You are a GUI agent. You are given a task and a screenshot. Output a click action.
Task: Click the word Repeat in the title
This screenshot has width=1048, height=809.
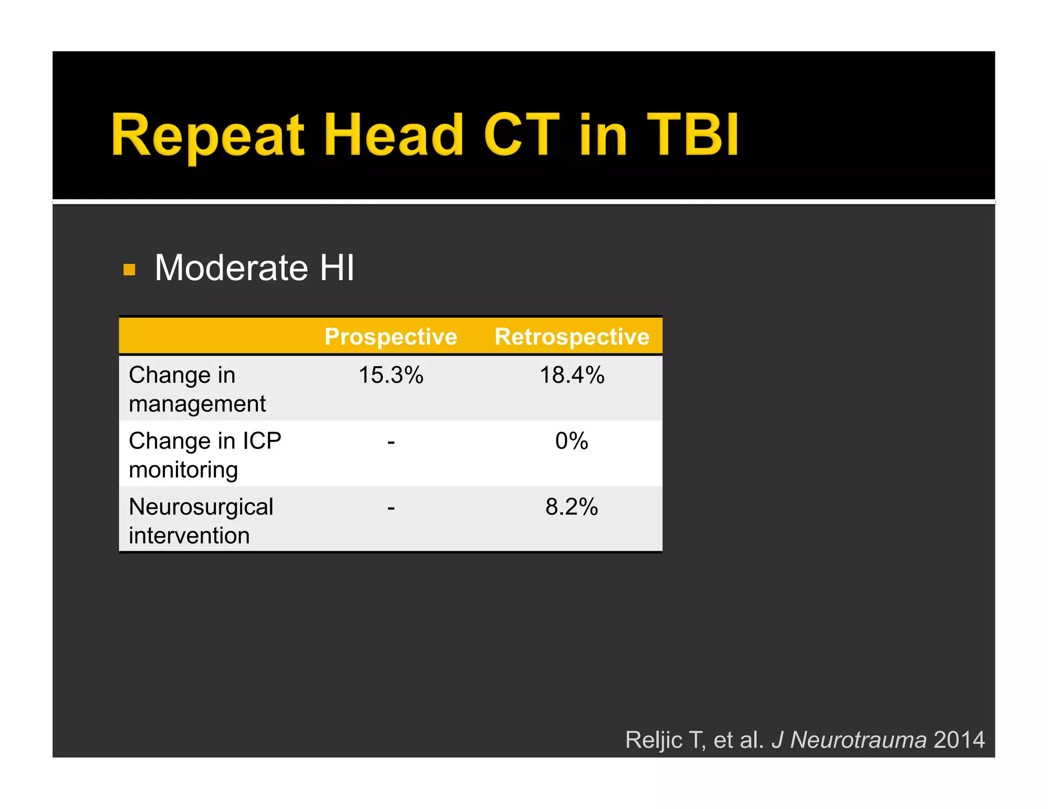tap(207, 136)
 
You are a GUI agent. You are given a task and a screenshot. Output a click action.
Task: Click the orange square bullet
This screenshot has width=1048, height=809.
tap(129, 269)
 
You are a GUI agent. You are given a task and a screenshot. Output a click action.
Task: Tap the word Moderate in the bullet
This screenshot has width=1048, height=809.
tap(231, 268)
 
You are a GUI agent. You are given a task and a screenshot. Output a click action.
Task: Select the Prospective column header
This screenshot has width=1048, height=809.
tap(391, 337)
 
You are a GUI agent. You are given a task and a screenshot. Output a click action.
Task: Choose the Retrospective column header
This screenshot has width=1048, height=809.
tap(572, 337)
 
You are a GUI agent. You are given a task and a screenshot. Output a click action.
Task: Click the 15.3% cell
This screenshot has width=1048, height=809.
tap(391, 375)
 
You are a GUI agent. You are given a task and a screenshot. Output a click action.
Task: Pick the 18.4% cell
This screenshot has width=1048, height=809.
tap(572, 375)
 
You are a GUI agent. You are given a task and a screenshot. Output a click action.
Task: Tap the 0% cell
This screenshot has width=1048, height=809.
tap(572, 441)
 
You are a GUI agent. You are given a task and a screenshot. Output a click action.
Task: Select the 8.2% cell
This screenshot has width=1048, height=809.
tap(572, 507)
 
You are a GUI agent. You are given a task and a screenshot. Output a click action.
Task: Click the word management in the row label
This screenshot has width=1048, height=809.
tap(197, 404)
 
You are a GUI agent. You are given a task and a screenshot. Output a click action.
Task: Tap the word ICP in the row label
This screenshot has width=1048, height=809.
tap(261, 441)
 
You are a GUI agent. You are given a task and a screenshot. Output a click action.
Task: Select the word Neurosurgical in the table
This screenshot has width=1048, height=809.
tap(201, 507)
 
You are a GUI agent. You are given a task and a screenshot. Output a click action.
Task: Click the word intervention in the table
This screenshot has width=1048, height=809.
tap(189, 536)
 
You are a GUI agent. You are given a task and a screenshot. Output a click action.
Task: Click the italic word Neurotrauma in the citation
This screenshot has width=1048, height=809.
tap(858, 740)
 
